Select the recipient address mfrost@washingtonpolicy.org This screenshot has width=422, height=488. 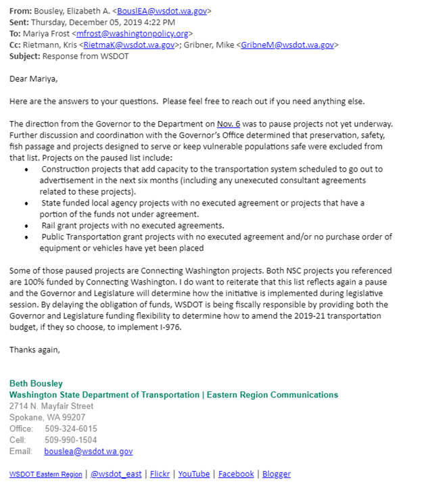pyautogui.click(x=133, y=32)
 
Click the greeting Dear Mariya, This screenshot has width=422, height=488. pyautogui.click(x=34, y=79)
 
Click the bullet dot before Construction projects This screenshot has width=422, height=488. pyautogui.click(x=26, y=170)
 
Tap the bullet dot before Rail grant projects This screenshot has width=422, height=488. pyautogui.click(x=26, y=226)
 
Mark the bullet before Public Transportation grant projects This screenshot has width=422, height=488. pyautogui.click(x=26, y=237)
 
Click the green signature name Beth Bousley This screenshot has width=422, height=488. pyautogui.click(x=36, y=383)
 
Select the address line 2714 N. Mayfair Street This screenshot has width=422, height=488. pyautogui.click(x=51, y=406)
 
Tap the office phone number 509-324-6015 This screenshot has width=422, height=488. pyautogui.click(x=71, y=429)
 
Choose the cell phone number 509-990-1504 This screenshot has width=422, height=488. pyautogui.click(x=71, y=439)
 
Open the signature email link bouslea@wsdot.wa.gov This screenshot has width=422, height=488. pyautogui.click(x=89, y=451)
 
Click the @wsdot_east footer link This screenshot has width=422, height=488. pyautogui.click(x=116, y=474)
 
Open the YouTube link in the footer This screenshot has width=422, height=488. pyautogui.click(x=194, y=474)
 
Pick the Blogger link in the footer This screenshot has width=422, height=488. pyautogui.click(x=276, y=474)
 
